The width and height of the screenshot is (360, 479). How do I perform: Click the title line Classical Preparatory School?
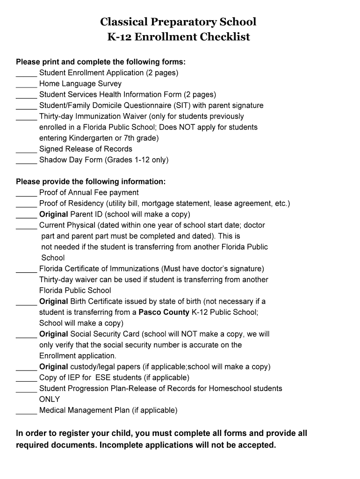pyautogui.click(x=178, y=22)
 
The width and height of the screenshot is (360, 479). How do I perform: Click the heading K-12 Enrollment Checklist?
pyautogui.click(x=179, y=37)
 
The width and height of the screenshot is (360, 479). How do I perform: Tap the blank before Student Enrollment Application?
pyautogui.click(x=26, y=73)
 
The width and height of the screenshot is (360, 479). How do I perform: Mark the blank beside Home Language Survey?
pyautogui.click(x=26, y=84)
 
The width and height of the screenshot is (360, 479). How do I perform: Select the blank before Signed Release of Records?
pyautogui.click(x=26, y=150)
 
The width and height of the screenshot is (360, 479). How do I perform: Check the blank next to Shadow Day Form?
pyautogui.click(x=26, y=160)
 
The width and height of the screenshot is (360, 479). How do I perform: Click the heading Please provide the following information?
pyautogui.click(x=91, y=181)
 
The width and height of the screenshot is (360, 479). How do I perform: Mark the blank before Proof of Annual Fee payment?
pyautogui.click(x=26, y=193)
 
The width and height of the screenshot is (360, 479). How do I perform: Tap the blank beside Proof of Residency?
pyautogui.click(x=26, y=204)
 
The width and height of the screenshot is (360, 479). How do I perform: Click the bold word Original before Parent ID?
pyautogui.click(x=54, y=214)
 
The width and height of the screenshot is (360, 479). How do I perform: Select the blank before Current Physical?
pyautogui.click(x=26, y=226)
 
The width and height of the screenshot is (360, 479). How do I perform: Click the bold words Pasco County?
pyautogui.click(x=164, y=312)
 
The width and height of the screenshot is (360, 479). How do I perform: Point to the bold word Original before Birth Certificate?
pyautogui.click(x=54, y=301)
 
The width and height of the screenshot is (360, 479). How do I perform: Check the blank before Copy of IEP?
pyautogui.click(x=26, y=378)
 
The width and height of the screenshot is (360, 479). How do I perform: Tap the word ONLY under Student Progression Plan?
pyautogui.click(x=50, y=399)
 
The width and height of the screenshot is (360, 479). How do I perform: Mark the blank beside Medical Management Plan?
pyautogui.click(x=26, y=411)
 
